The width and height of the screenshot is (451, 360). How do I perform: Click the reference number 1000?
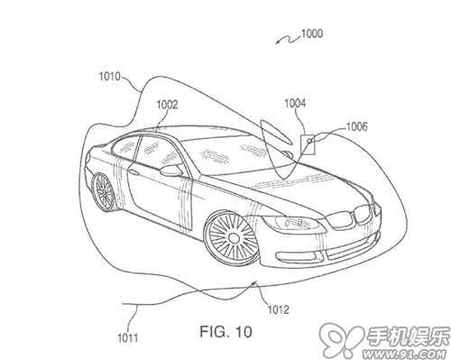312,33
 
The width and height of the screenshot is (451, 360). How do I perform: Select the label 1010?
110,77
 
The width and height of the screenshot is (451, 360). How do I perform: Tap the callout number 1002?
167,105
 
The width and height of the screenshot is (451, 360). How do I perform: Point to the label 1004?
295,103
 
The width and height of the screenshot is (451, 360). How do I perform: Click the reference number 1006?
357,126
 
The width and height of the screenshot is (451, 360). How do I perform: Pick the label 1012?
278,309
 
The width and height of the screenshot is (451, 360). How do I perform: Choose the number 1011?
127,338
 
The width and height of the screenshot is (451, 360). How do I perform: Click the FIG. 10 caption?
225,332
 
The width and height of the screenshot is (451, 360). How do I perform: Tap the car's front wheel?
232,237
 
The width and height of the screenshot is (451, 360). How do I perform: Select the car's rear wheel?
103,192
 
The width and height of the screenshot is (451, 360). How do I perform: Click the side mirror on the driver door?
171,171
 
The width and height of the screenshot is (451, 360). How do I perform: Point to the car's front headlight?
295,223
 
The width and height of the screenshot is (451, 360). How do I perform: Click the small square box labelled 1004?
308,144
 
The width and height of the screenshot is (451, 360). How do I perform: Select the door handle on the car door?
133,172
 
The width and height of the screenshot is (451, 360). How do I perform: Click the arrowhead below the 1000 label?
277,42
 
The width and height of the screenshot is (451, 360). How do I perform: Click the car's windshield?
233,154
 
